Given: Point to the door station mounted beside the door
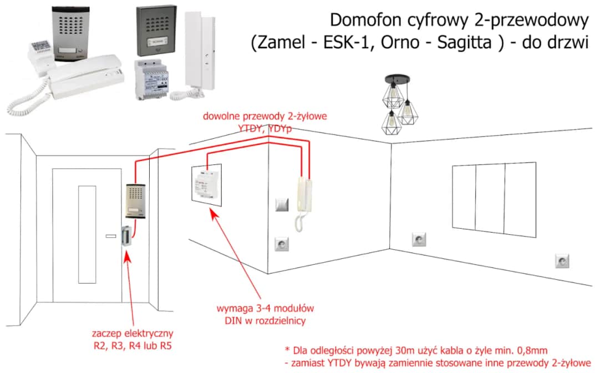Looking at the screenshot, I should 134,201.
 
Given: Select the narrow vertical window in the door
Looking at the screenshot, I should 87,234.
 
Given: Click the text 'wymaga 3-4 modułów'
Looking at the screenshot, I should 258,309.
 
